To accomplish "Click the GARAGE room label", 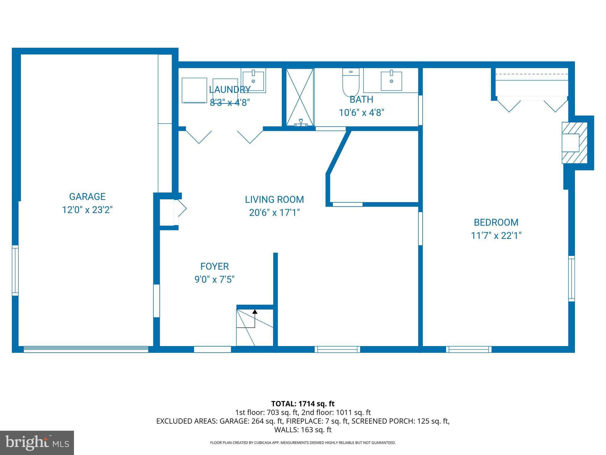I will coord(87,197).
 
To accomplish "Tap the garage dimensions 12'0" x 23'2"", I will coord(87,210).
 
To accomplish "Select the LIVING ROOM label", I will coord(274,200).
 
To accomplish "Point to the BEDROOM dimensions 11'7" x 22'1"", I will coord(496,236).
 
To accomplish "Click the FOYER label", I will coord(215,267).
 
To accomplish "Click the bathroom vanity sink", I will coord(391,81).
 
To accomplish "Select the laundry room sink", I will coord(253,81).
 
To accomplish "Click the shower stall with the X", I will coord(300,97).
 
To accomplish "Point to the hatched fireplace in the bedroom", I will coord(574,143).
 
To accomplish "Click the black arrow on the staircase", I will coord(255,312).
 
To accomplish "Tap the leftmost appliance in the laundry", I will coord(194,90).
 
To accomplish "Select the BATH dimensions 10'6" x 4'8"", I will coord(361,113).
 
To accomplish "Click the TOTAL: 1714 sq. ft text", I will coord(303,404).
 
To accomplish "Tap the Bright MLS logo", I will coord(37,443).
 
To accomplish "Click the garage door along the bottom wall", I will coord(86,350).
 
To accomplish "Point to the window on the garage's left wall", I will coord(15,270).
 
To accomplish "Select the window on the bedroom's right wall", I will coord(571,278).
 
